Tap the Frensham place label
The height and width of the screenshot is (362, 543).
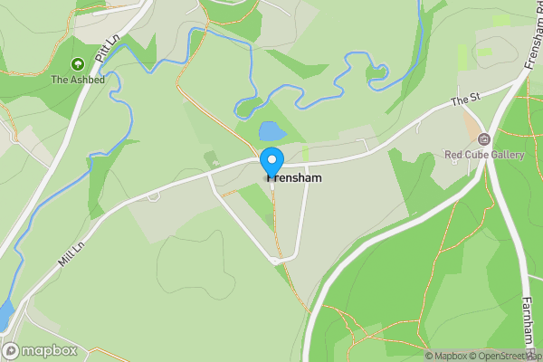tap(295, 179)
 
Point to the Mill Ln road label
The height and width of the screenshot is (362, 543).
tap(71, 252)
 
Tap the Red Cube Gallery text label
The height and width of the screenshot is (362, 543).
tap(484, 155)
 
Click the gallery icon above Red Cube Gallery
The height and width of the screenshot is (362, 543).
tap(484, 139)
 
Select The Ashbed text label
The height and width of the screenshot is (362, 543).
tap(77, 80)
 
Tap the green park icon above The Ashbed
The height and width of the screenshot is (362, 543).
tap(77, 64)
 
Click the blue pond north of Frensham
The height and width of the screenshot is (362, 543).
tap(271, 132)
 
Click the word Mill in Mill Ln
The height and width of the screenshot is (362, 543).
tap(64, 258)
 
